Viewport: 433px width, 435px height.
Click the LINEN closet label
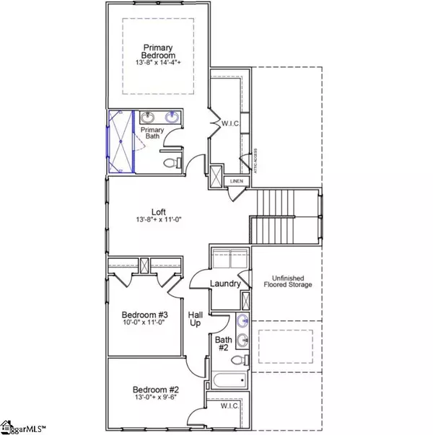[x=237, y=181]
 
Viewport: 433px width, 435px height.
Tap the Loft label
[x=159, y=212]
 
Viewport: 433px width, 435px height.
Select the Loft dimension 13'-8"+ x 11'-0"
[x=159, y=221]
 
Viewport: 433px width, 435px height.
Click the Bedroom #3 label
[x=144, y=315]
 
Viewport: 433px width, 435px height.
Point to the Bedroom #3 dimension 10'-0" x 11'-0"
[x=144, y=325]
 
